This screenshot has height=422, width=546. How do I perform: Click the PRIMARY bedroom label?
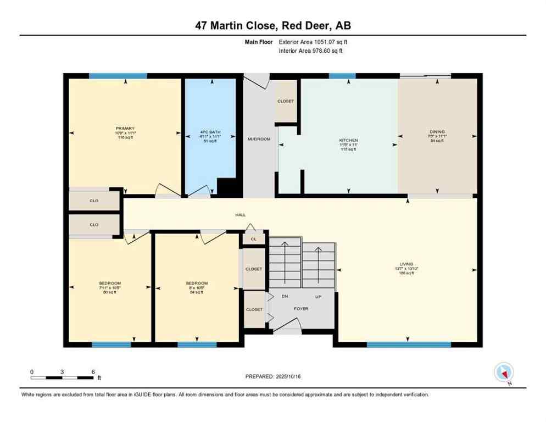click(x=125, y=129)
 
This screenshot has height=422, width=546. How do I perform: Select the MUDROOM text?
click(x=259, y=139)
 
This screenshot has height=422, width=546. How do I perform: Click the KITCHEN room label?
click(x=348, y=141)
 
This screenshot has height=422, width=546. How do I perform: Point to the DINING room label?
click(x=437, y=132)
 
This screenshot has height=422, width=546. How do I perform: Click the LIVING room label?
click(x=406, y=264)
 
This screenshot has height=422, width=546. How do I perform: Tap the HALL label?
click(x=241, y=215)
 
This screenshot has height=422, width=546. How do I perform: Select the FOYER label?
click(x=301, y=309)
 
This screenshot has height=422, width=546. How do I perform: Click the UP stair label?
click(x=317, y=296)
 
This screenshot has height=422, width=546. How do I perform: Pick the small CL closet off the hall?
click(x=253, y=239)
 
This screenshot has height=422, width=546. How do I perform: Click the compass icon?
click(x=503, y=373)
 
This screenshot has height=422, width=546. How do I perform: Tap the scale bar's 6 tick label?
click(x=93, y=371)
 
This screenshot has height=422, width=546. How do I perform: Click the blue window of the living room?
click(x=408, y=345)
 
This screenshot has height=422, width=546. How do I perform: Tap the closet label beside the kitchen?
click(x=286, y=101)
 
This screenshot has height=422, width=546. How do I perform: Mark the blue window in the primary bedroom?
click(x=118, y=76)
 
